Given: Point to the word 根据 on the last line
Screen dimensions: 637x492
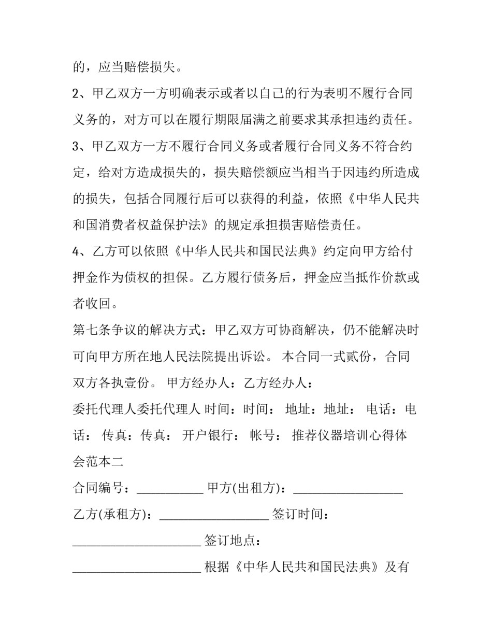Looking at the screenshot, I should [x=216, y=567].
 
